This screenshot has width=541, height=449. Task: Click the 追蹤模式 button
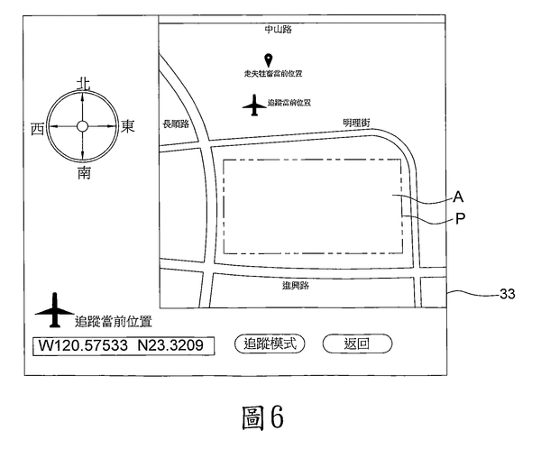click(269, 344)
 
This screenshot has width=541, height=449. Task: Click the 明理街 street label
click(356, 123)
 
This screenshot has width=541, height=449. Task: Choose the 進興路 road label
click(295, 286)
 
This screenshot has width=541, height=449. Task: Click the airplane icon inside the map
click(254, 105)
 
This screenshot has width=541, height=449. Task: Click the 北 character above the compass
click(83, 83)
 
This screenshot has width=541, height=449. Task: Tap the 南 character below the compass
click(83, 171)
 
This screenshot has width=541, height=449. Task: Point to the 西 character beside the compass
click(37, 128)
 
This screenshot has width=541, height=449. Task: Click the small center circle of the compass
click(82, 127)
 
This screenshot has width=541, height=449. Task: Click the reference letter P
click(459, 219)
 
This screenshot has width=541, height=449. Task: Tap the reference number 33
click(508, 293)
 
